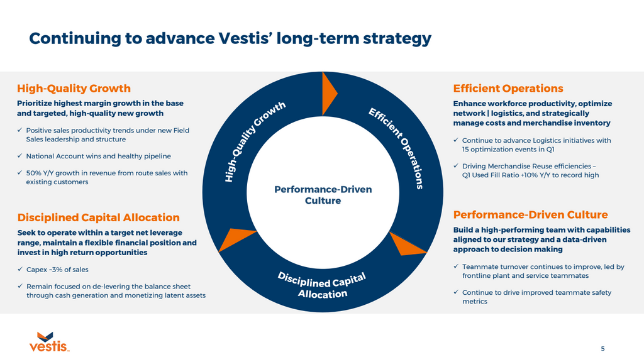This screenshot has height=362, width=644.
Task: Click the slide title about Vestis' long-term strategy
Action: [230, 38]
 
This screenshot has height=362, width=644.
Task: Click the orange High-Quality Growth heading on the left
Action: [74, 88]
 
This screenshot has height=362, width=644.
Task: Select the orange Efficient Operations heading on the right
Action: [508, 89]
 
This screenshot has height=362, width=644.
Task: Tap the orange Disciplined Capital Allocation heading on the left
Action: [98, 217]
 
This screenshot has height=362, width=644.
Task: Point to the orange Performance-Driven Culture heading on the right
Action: [530, 215]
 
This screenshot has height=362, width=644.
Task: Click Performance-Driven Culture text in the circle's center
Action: [323, 195]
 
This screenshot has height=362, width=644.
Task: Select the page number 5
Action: [602, 348]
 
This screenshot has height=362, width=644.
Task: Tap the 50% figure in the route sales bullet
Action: [34, 173]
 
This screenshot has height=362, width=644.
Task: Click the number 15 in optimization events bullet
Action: [467, 150]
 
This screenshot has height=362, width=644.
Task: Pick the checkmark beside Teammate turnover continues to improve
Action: [456, 267]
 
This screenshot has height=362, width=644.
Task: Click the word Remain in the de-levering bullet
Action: [38, 287]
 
